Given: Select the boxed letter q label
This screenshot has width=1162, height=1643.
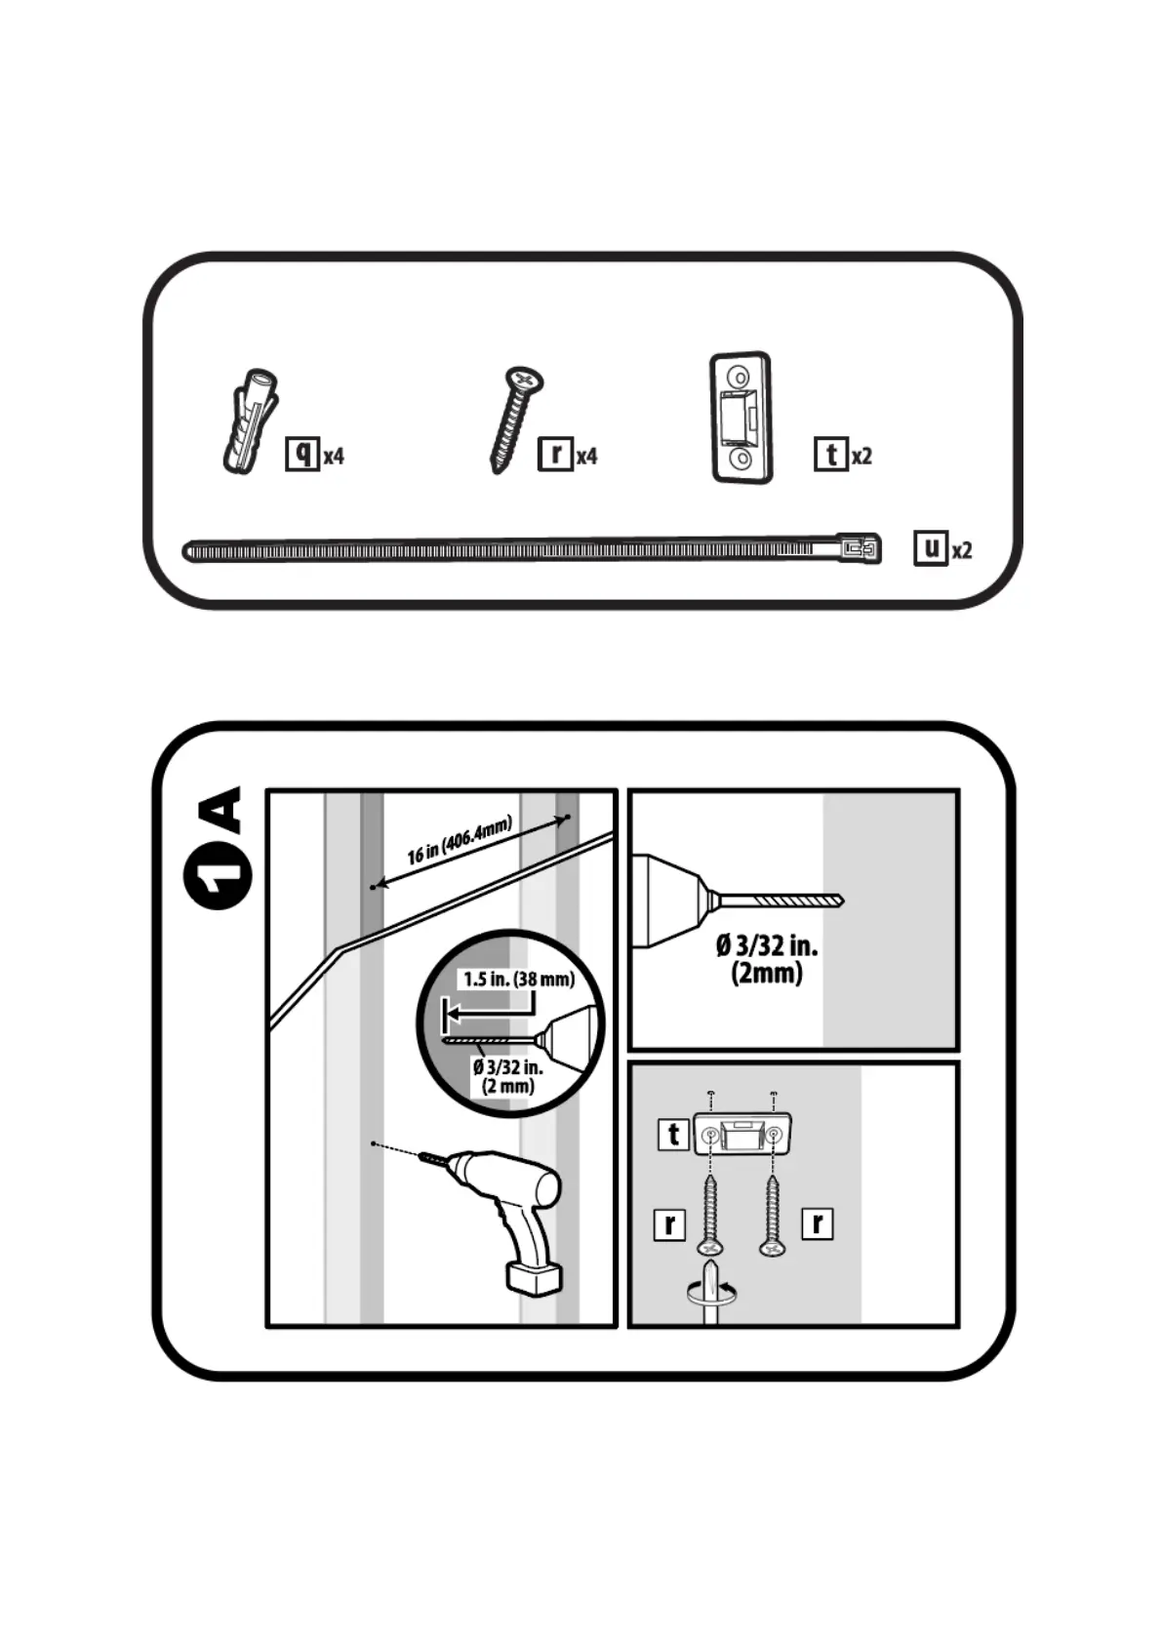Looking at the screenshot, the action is coord(302,454).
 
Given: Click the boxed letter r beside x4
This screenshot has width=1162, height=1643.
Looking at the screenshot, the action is coord(555,454).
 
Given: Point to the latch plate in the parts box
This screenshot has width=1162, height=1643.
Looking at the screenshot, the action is coord(741,417).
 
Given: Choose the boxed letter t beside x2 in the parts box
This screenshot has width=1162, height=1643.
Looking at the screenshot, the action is coord(830,454).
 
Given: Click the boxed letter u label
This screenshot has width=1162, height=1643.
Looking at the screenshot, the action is coord(931,547).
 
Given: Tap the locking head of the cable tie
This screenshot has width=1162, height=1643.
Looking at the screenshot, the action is coord(859,549).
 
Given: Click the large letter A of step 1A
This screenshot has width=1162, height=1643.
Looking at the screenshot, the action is coord(220,810).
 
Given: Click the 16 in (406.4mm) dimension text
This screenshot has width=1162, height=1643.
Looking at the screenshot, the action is coord(459,841).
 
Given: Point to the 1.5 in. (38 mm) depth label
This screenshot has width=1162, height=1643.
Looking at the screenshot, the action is coord(518,979).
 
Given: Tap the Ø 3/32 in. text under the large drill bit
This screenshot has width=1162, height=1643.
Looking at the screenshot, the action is coord(767,945).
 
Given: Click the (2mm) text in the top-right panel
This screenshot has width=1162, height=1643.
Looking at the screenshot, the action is coord(767,973).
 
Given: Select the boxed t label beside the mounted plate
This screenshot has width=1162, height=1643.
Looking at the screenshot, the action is coord(673,1135).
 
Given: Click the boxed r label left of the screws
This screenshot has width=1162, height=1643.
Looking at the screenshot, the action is coord(669,1223).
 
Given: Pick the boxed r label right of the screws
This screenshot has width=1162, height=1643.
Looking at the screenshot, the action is coord(817,1222).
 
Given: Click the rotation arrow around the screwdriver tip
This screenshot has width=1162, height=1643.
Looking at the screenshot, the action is coord(712,1296).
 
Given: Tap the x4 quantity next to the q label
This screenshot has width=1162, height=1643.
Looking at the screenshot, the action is coord(334,456).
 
